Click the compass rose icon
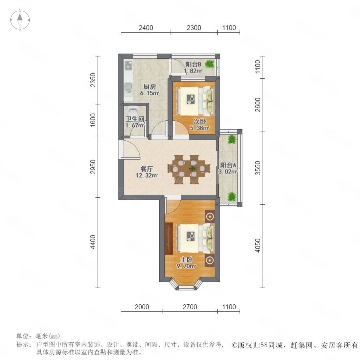pos(20,20)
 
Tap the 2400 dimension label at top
pos(146,28)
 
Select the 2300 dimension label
pos(194,28)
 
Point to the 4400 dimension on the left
pos(93,242)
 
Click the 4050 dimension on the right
pos(258,246)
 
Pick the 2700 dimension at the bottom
pos(190,307)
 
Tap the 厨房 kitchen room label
pos(150,87)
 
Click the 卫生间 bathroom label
pos(135,119)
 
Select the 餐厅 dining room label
pos(146,169)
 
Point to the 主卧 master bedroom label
pos(186,260)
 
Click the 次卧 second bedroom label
pos(200,122)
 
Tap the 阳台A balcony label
pos(228,165)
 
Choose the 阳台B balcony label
pos(193,64)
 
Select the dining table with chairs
pos(189,170)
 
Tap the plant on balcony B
pos(209,64)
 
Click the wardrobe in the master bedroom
pos(168,238)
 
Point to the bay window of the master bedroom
pos(186,285)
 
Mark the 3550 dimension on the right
pos(258,168)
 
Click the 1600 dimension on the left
pos(93,120)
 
